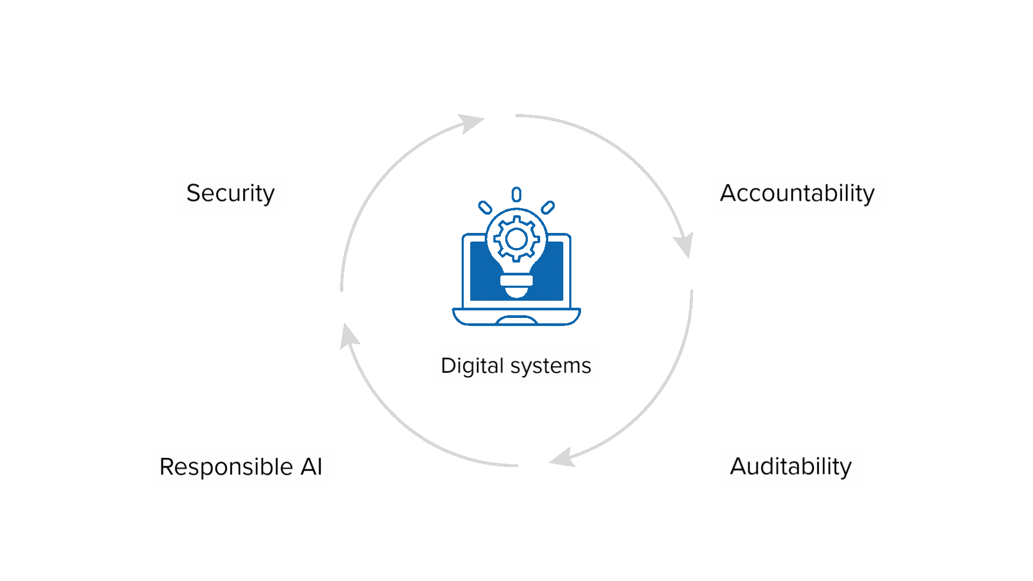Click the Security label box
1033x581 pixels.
click(231, 194)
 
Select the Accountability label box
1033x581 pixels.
click(797, 194)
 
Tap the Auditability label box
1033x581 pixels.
click(791, 466)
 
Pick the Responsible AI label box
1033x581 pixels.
click(241, 467)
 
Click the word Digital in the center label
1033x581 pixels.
click(472, 366)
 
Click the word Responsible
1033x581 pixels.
click(226, 467)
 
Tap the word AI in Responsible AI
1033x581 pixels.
click(312, 466)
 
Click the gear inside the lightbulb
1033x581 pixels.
click(516, 239)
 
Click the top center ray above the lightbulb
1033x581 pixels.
click(516, 194)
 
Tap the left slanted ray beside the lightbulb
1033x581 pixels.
click(485, 208)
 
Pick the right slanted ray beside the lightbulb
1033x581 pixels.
click(548, 208)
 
